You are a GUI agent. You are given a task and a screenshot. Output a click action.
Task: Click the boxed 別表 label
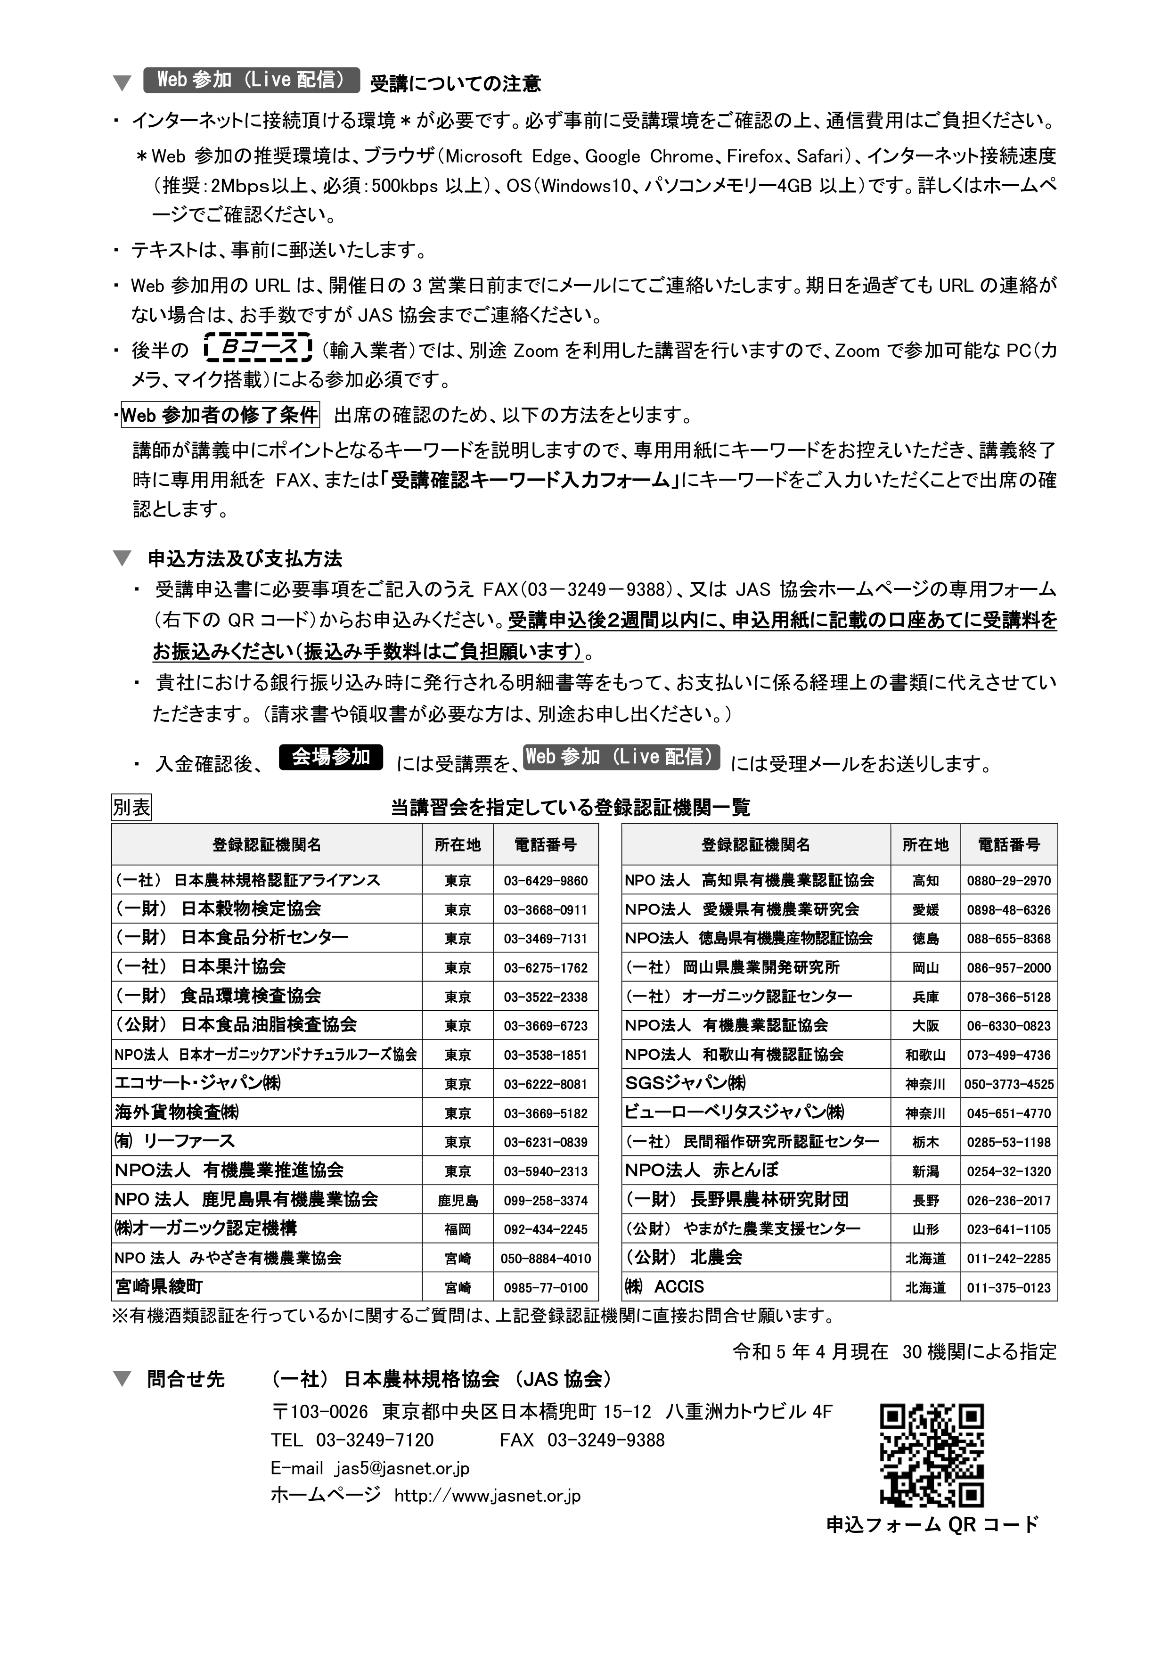(131, 808)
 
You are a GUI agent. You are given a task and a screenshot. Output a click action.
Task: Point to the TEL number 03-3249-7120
(374, 1440)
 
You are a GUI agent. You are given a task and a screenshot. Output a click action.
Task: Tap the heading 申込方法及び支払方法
(244, 559)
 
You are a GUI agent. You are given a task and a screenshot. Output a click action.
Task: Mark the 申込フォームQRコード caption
(932, 1524)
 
